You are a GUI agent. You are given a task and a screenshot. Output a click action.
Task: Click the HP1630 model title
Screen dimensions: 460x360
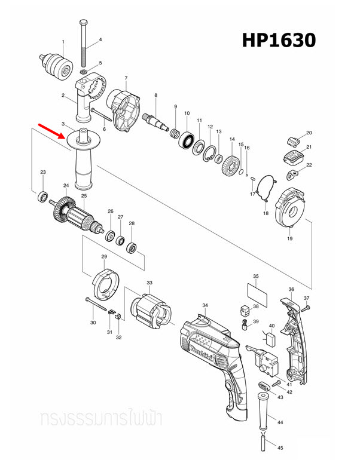pyautogui.click(x=278, y=40)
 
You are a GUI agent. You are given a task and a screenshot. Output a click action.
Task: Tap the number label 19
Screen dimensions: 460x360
pyautogui.click(x=289, y=239)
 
